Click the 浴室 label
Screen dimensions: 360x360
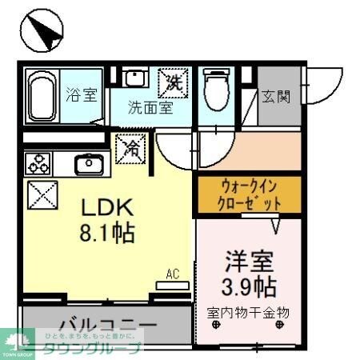click(81, 94)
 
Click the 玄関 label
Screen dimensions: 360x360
click(276, 96)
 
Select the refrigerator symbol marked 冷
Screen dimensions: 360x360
click(130, 148)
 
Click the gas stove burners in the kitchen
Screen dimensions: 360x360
click(38, 163)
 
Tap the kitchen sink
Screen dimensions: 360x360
click(86, 164)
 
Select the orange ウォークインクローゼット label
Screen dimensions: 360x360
click(250, 195)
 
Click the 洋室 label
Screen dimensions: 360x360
click(250, 262)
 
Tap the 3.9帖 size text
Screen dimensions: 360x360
click(250, 286)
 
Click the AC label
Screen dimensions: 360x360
click(172, 274)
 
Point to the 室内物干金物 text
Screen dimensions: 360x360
click(248, 311)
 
